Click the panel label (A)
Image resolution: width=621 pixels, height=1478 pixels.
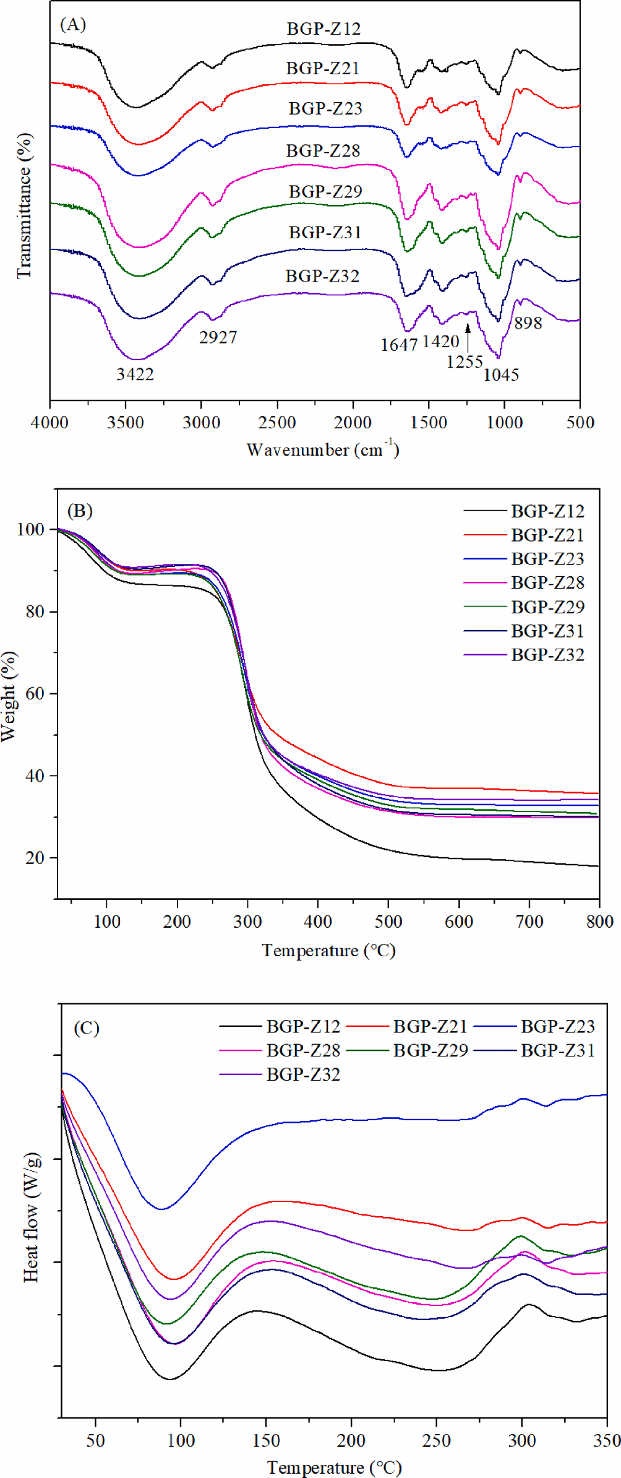[72, 25]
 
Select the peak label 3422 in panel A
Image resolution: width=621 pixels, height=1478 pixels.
[135, 374]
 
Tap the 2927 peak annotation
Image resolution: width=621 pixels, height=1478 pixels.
[218, 337]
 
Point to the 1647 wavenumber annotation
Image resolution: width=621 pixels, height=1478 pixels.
[399, 345]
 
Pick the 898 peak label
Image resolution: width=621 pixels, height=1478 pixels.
[528, 323]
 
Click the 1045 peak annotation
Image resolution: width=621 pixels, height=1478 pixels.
[501, 375]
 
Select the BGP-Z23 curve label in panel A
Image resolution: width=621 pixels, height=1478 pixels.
[325, 108]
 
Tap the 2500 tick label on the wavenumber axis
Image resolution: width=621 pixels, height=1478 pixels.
[277, 423]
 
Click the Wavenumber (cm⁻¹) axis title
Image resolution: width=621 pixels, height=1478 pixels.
[322, 449]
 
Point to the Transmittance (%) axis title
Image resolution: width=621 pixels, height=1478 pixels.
[24, 206]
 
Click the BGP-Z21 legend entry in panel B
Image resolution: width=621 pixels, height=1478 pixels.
[547, 535]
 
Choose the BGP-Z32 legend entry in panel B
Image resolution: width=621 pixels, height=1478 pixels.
[547, 655]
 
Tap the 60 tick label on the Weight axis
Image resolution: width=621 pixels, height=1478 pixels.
[35, 694]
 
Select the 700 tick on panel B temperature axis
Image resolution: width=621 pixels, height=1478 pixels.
[529, 922]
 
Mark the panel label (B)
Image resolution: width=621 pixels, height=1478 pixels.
[80, 511]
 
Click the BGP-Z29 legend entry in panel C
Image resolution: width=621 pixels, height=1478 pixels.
[430, 1050]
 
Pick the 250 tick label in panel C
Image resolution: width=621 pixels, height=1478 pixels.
[437, 1441]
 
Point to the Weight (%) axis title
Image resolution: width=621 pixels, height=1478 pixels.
[9, 696]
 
